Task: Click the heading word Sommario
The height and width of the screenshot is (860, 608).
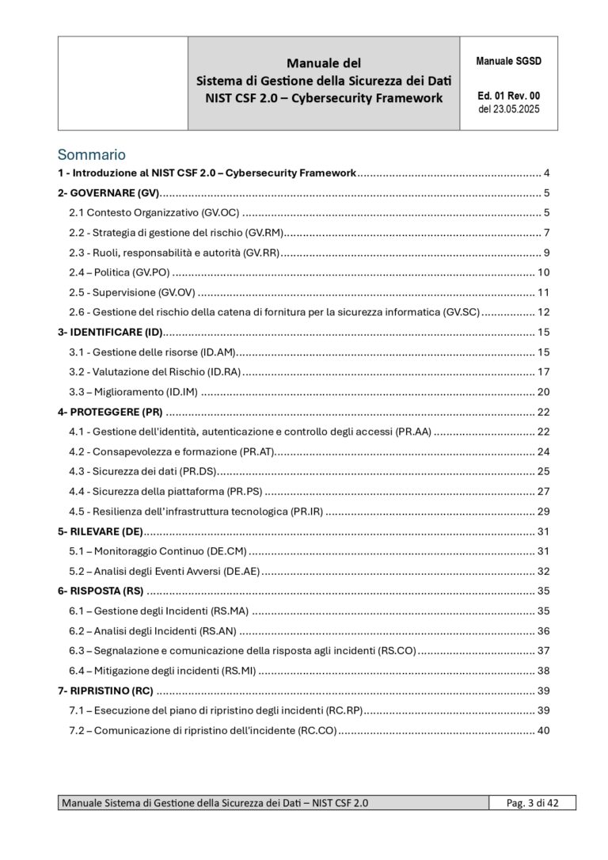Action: tap(91, 154)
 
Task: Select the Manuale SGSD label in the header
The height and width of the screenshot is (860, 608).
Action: tap(508, 61)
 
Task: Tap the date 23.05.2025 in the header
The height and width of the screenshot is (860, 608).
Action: tap(517, 109)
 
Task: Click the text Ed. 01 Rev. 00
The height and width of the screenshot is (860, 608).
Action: tap(509, 96)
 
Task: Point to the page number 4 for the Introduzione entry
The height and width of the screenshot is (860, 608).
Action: tap(546, 173)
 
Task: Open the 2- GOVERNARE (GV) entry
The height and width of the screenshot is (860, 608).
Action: tap(108, 193)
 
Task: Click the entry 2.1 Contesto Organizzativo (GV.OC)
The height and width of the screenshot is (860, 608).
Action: tap(154, 212)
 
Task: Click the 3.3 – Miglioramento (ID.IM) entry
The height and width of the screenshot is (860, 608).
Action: tap(133, 391)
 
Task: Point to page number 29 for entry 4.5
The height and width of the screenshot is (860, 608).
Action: tap(543, 511)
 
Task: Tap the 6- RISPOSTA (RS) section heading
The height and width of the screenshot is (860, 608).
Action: tap(101, 591)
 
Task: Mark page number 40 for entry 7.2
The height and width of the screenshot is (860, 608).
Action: tap(543, 730)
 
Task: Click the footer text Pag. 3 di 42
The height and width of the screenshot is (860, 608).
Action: tap(531, 803)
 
